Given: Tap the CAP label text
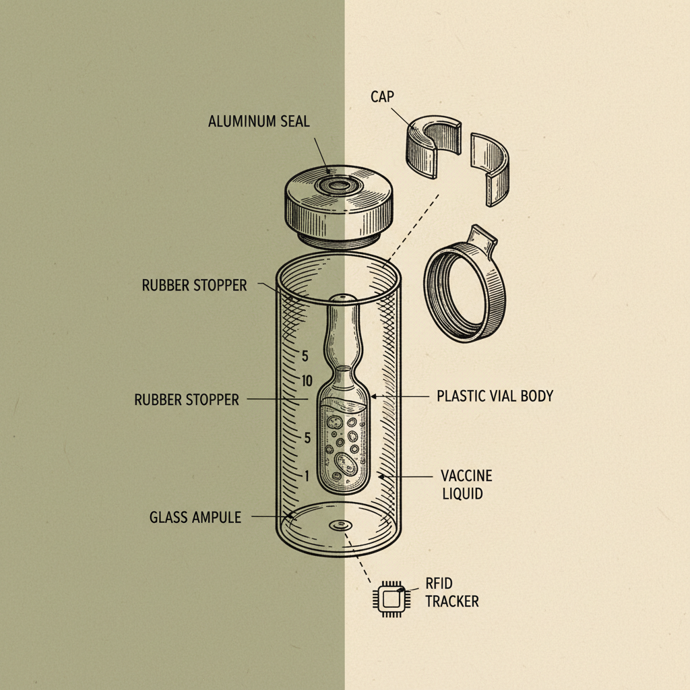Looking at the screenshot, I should coord(381,97).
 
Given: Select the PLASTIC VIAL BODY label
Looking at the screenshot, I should coord(495,396).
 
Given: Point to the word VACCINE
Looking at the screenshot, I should coord(466,476).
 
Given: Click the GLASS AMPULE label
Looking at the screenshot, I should coord(195,517).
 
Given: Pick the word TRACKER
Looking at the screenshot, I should coord(452,601).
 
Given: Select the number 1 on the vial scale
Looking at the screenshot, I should coord(307,476).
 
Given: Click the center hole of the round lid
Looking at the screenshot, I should coord(338,184).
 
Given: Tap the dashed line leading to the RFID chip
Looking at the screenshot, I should coord(360,557).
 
